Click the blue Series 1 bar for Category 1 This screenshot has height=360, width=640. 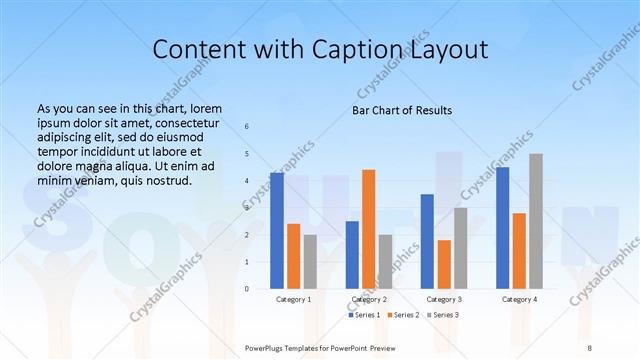(277, 231)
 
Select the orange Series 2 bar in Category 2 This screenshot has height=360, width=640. (368, 229)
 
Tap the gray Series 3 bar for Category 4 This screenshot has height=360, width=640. (536, 221)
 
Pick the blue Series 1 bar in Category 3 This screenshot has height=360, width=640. (427, 241)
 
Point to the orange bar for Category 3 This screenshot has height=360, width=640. (444, 264)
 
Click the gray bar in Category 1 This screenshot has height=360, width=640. (310, 261)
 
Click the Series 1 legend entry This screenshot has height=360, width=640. (365, 315)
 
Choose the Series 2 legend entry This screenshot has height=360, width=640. (402, 315)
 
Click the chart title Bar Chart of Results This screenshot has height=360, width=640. (402, 110)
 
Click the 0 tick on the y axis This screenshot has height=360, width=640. (247, 289)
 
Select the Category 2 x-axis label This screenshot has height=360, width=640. (368, 299)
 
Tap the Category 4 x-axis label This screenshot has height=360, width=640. (519, 299)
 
